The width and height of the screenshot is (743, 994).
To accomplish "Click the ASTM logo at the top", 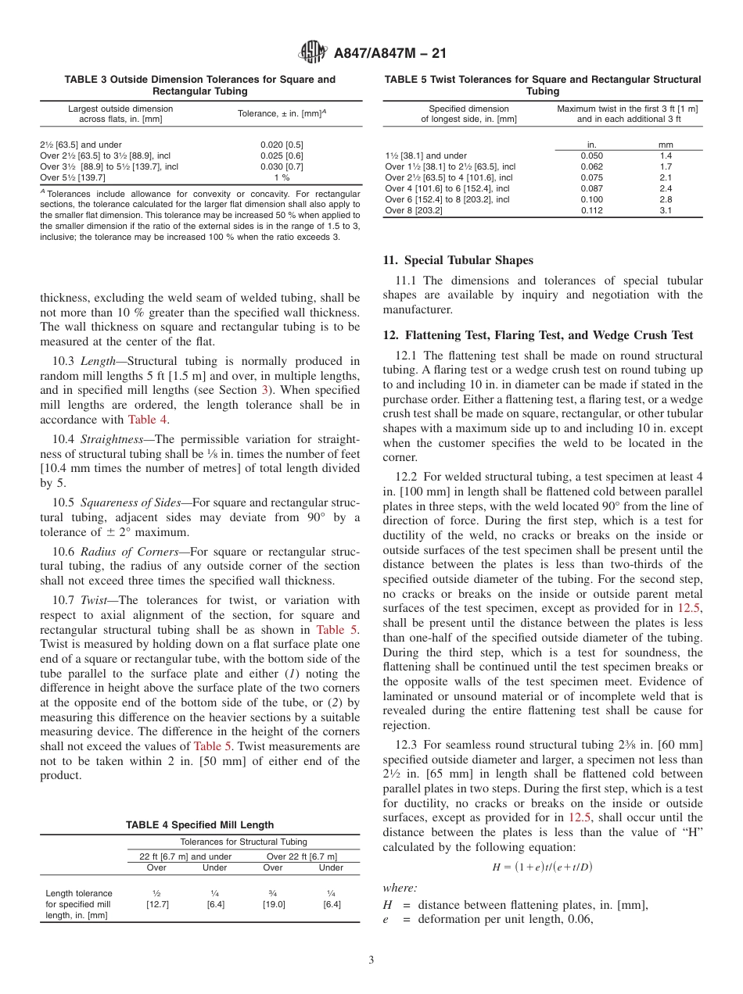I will pyautogui.click(x=314, y=53).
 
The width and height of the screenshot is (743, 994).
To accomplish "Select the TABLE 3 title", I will pyautogui.click(x=199, y=85).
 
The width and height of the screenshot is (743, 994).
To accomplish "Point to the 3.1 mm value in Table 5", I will pyautogui.click(x=666, y=210).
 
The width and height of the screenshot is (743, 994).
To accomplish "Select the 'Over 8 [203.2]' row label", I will pyautogui.click(x=414, y=210).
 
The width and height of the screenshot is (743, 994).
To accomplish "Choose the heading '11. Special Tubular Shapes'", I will pyautogui.click(x=458, y=260).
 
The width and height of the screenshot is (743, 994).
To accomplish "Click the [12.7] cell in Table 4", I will pyautogui.click(x=157, y=904).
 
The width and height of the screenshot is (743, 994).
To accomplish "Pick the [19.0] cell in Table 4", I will pyautogui.click(x=273, y=904).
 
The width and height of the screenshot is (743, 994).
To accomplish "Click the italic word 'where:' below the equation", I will pyautogui.click(x=400, y=888).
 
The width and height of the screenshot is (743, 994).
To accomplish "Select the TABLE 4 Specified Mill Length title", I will pyautogui.click(x=199, y=824).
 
